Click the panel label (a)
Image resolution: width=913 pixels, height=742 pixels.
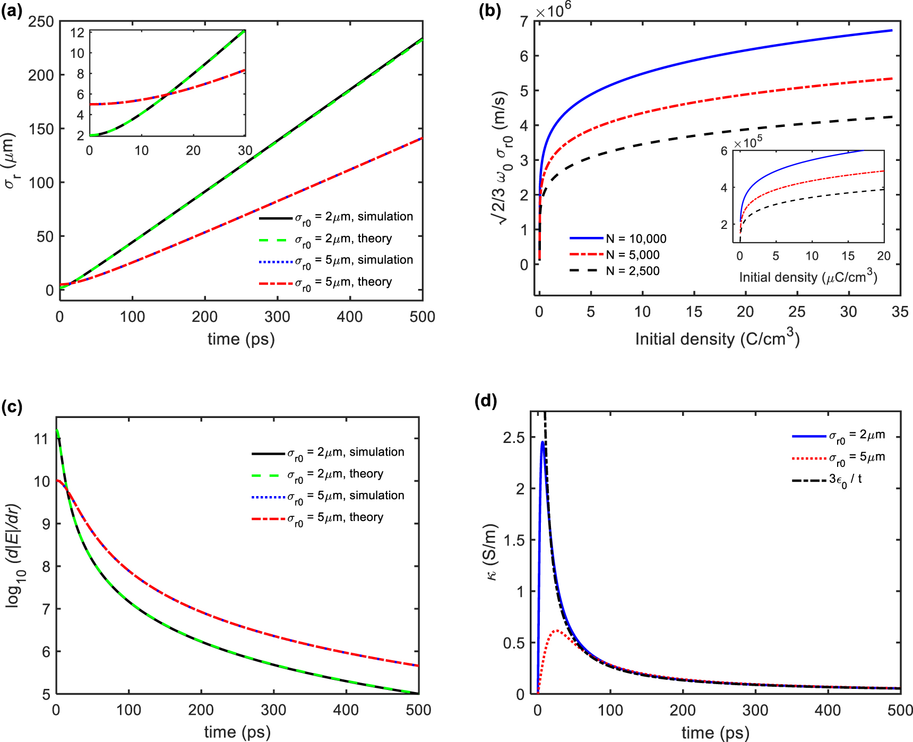pos(12,11)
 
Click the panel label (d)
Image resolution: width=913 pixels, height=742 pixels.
pos(485,401)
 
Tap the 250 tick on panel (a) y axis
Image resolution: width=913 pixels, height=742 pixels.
pos(41,22)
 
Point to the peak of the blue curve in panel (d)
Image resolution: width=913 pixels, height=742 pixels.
pos(543,442)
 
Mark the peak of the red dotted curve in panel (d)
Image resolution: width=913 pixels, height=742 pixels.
pos(556,630)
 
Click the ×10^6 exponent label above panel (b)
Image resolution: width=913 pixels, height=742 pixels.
pos(553,10)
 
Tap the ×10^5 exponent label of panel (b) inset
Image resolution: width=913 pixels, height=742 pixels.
pos(748,142)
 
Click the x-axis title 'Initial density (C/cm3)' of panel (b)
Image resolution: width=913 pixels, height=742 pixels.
pos(717,338)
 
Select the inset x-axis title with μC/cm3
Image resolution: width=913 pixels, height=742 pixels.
pos(808,277)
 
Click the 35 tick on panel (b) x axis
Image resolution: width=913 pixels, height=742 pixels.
pos(900,312)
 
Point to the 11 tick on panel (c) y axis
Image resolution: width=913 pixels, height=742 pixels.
pos(41,439)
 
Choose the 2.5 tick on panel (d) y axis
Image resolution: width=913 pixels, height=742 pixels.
pos(513,438)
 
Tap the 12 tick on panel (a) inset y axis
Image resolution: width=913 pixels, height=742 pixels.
pos(77,32)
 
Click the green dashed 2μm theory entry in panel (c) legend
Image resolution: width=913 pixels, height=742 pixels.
pos(335,474)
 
